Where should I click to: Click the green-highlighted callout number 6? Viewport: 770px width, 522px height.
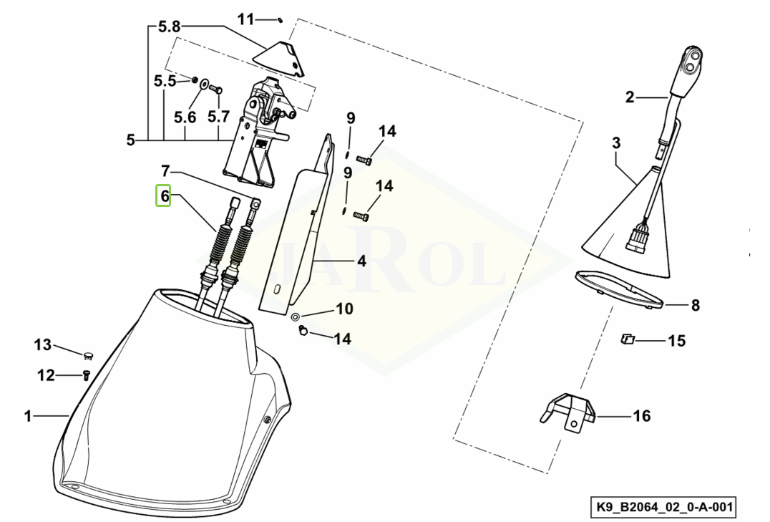tap(164, 195)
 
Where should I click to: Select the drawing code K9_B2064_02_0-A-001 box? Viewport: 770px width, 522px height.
tap(666, 506)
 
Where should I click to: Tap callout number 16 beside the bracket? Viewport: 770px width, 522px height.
tap(641, 416)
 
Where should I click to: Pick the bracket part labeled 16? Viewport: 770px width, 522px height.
tap(570, 412)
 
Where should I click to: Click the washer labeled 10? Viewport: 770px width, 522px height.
tap(296, 316)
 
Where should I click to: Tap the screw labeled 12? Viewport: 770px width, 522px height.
tap(85, 376)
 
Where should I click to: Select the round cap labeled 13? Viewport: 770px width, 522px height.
tap(89, 354)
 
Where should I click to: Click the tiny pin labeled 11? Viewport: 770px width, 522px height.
tap(279, 20)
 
